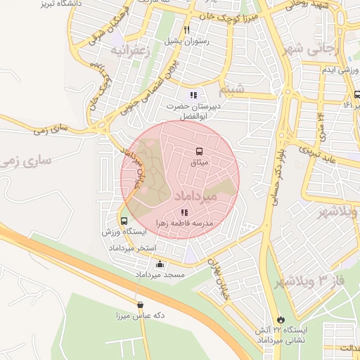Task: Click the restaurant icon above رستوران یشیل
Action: tap(186, 30)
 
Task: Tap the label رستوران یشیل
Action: tap(186, 41)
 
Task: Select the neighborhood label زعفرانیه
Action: tap(129, 51)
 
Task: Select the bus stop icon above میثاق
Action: tap(200, 151)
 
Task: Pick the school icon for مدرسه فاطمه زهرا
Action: tap(184, 212)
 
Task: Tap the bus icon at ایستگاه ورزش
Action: tap(124, 221)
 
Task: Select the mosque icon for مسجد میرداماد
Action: tap(160, 264)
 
